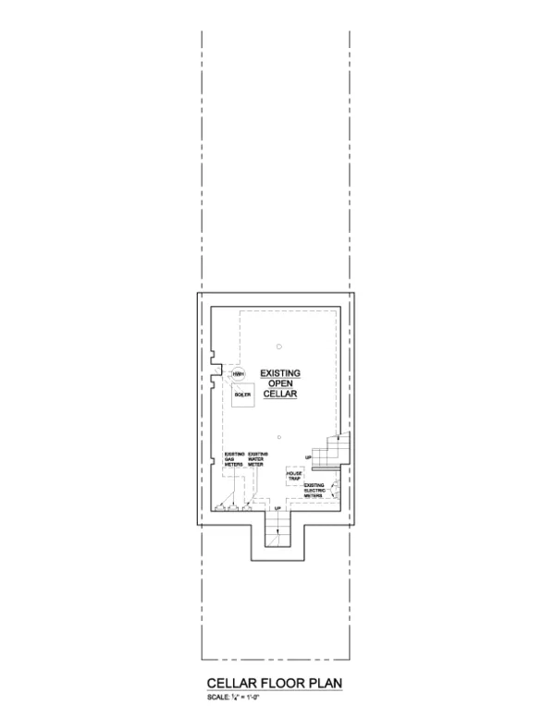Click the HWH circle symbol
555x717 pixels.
click(x=239, y=374)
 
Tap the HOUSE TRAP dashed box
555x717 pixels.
click(x=295, y=477)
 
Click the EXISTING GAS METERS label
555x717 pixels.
click(x=234, y=460)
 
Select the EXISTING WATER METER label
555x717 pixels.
click(x=258, y=460)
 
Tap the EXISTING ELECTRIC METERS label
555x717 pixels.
click(x=314, y=491)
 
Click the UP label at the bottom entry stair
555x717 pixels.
click(x=277, y=509)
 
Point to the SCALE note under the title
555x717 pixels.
click(x=232, y=696)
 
